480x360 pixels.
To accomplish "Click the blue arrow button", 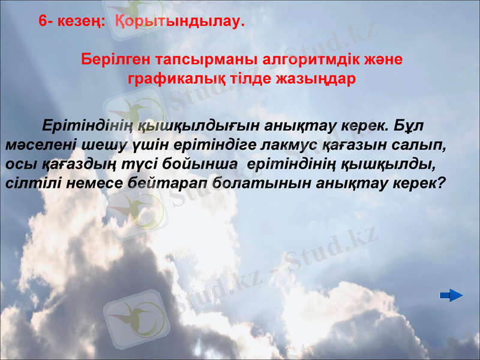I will [451, 295].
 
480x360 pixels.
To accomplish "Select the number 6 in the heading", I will [43, 22].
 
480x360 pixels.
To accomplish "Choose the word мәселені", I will [37, 146].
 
